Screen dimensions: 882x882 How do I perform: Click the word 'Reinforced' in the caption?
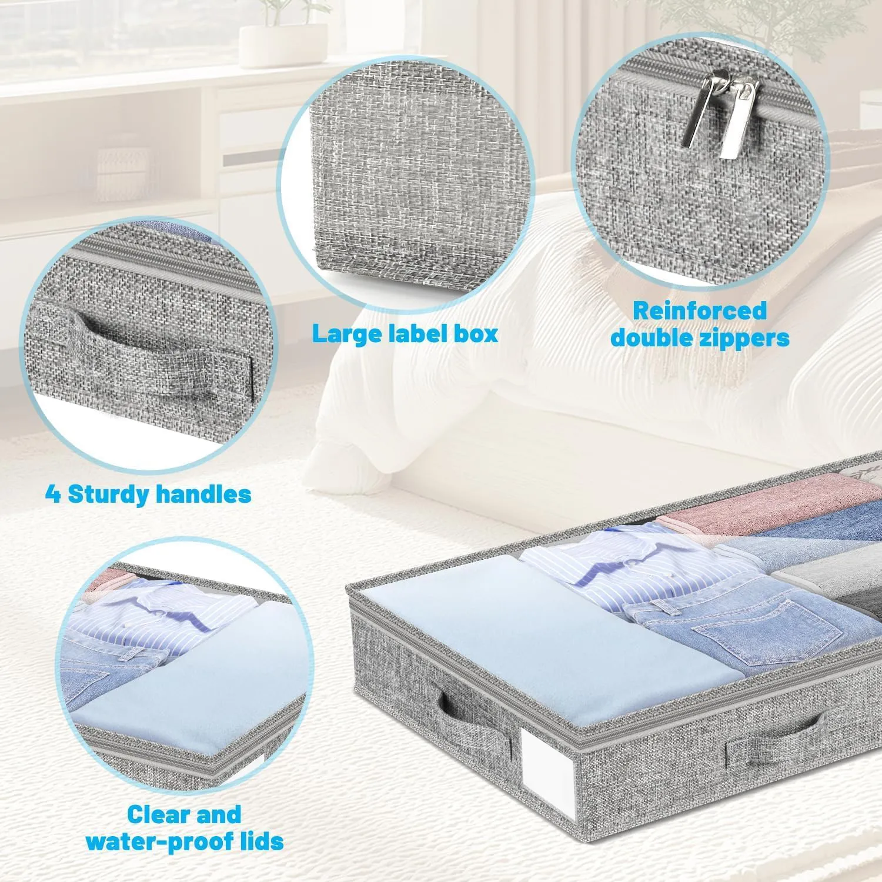click(x=700, y=310)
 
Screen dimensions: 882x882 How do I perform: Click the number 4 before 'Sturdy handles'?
click(x=53, y=495)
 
